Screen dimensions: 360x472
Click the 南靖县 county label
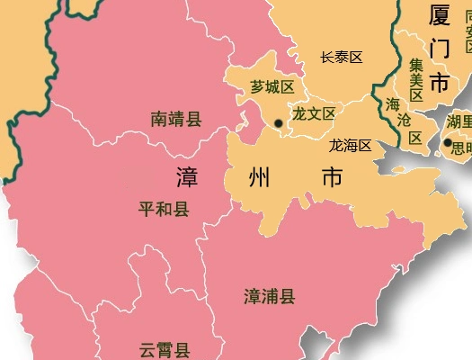coord(176,118)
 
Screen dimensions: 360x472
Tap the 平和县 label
coord(164,210)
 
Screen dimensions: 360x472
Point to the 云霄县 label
coord(165,350)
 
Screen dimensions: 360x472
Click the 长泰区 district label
coord(342,58)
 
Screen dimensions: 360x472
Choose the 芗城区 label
coord(272,87)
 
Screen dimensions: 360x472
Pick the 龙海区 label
coord(350,145)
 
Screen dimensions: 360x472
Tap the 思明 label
coord(462,144)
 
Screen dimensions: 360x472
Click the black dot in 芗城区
coord(279,123)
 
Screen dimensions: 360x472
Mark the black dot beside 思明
coord(447,142)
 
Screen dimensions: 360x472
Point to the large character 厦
coord(440,16)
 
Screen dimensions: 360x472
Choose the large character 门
coord(440,49)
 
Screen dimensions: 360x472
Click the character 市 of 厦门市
coord(440,83)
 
